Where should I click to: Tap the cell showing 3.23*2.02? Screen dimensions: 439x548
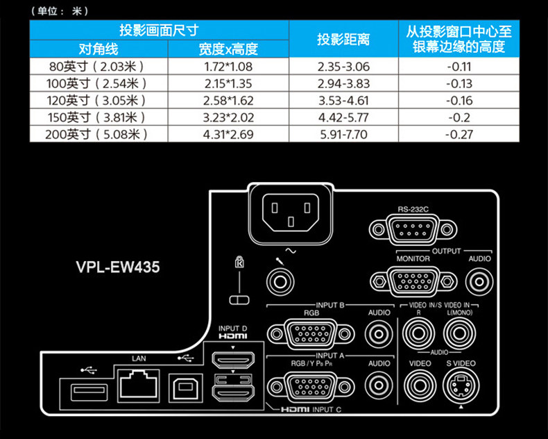[228, 117]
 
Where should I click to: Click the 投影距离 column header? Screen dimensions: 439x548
[343, 39]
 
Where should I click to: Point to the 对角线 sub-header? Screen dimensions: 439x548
[99, 49]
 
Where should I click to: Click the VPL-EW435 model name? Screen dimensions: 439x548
[117, 267]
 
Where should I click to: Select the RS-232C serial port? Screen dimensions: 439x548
[414, 229]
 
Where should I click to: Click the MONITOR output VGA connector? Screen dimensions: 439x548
[414, 281]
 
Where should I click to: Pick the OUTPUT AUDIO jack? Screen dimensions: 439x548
[479, 281]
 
